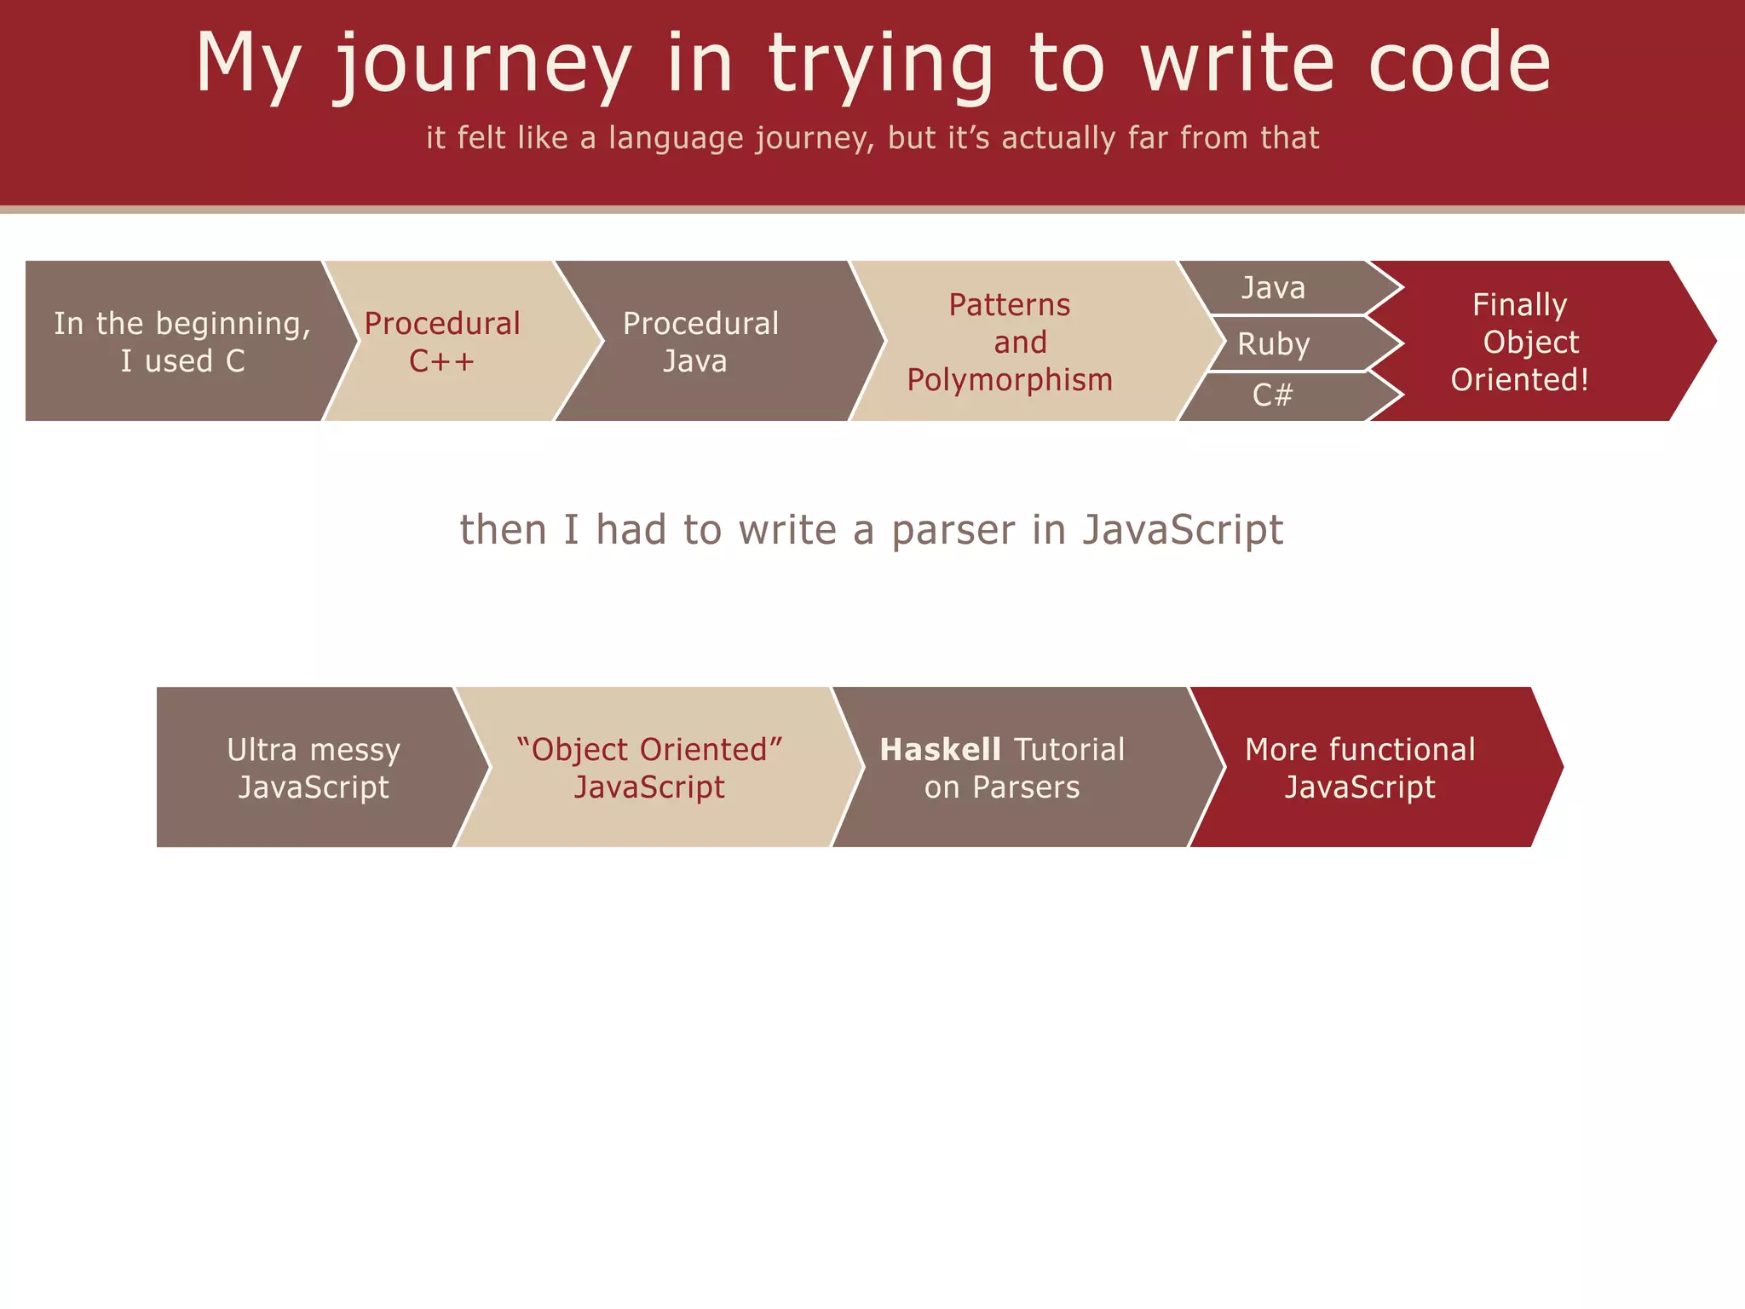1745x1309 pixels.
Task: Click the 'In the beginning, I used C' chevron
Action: click(x=181, y=341)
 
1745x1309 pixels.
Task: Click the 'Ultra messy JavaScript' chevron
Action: click(x=314, y=767)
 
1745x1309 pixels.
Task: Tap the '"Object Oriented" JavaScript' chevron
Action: click(x=649, y=767)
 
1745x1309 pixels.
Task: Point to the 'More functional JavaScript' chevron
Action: click(x=1361, y=767)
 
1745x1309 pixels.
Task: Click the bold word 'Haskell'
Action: click(x=940, y=750)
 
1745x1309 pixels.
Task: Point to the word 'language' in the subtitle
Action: click(x=676, y=138)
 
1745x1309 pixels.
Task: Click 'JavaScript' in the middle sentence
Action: click(x=1183, y=530)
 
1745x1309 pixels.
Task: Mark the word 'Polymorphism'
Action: click(x=1010, y=380)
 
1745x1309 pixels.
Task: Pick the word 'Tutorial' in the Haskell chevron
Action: click(x=1070, y=750)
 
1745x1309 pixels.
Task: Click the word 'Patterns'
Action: click(x=1010, y=305)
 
